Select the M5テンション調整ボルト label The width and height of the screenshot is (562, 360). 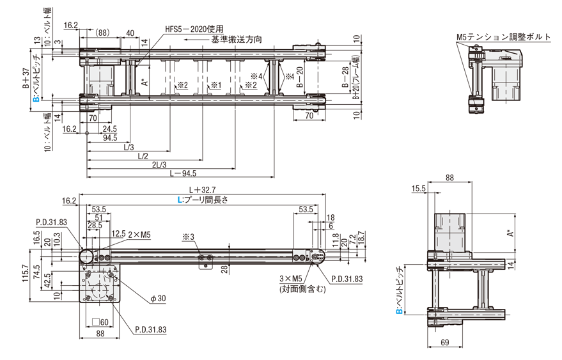coord(504,37)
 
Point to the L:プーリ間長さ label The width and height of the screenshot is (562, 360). coord(202,200)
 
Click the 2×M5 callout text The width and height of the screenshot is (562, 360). coord(139,234)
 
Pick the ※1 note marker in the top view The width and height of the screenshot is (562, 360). coord(215,84)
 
